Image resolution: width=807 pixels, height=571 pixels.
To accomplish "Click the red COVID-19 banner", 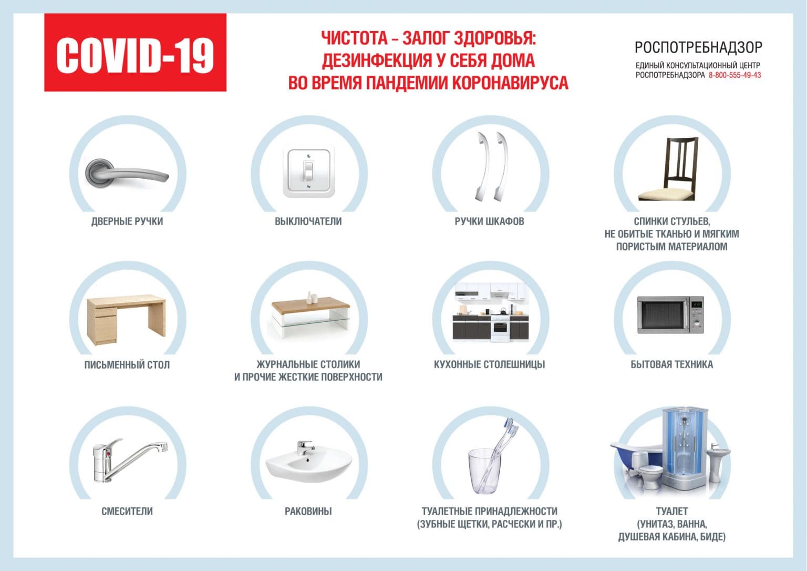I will click(135, 53).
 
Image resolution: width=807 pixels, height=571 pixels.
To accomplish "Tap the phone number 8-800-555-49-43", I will click(734, 75).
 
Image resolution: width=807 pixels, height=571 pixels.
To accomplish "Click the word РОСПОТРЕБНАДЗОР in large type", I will click(698, 48).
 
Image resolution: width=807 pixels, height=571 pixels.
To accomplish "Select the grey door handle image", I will click(126, 172).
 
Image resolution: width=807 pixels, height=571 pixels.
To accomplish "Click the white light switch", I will click(308, 172).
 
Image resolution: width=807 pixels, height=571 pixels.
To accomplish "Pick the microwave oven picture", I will click(670, 315).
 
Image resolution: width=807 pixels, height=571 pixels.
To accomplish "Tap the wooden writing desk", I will click(126, 319).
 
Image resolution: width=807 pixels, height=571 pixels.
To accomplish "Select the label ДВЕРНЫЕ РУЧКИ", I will click(127, 221).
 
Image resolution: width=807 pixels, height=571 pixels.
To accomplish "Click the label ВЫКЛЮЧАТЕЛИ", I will click(308, 221).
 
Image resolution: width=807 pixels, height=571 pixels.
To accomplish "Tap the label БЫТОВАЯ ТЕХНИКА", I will click(671, 364).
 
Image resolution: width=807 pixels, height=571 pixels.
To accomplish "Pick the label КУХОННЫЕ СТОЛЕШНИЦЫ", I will click(489, 364).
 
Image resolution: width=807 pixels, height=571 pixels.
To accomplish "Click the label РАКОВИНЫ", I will click(308, 511).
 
